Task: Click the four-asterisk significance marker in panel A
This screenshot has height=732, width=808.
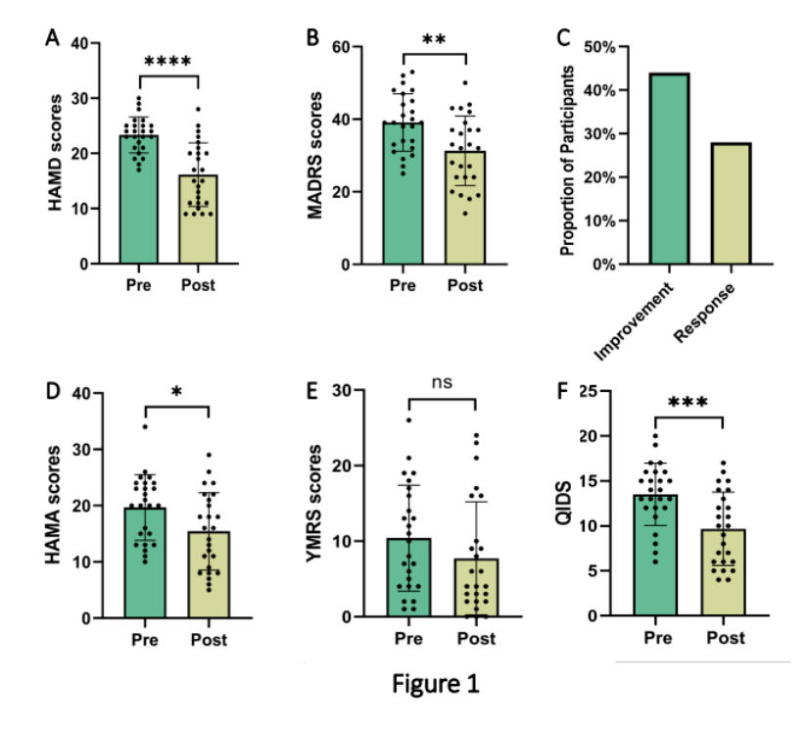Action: pos(169,62)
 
